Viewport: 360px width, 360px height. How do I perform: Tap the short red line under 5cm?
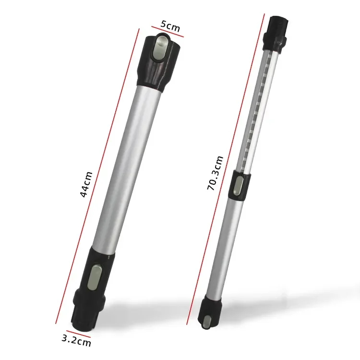168,36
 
